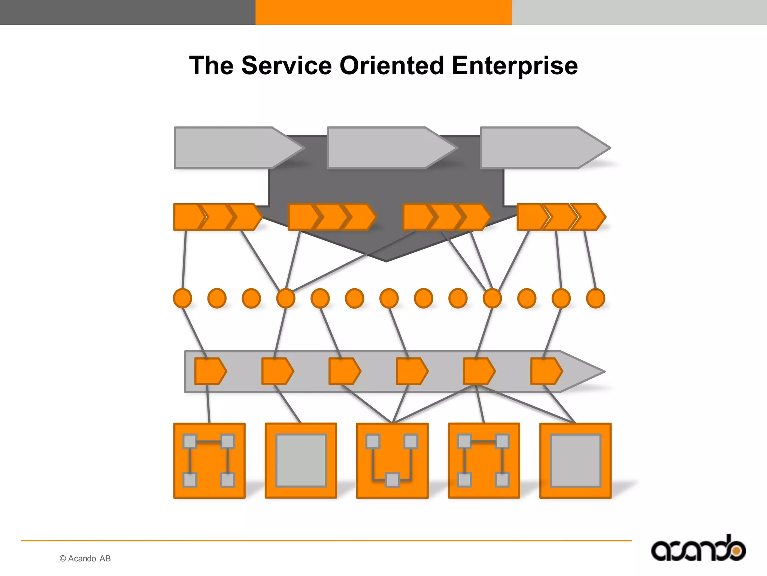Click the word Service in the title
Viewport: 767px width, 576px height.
click(x=287, y=66)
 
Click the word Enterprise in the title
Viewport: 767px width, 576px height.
click(x=515, y=66)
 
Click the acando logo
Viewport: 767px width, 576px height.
click(x=698, y=549)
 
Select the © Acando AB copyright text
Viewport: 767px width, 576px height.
click(x=85, y=558)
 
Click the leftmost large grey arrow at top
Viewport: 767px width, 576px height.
click(x=232, y=148)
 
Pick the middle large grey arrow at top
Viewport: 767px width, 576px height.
click(x=386, y=148)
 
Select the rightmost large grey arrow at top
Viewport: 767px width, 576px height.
click(x=539, y=148)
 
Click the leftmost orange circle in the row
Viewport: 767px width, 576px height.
click(x=182, y=298)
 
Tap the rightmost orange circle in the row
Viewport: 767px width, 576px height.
click(x=595, y=298)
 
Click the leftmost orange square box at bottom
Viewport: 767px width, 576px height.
click(x=209, y=460)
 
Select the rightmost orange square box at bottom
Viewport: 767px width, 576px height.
click(x=575, y=460)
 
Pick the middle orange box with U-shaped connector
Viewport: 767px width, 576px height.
click(x=392, y=460)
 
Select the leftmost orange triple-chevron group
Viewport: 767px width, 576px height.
click(x=217, y=217)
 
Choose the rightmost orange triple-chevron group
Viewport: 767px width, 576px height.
click(x=561, y=217)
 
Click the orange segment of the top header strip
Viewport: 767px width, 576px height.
click(x=383, y=12)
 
